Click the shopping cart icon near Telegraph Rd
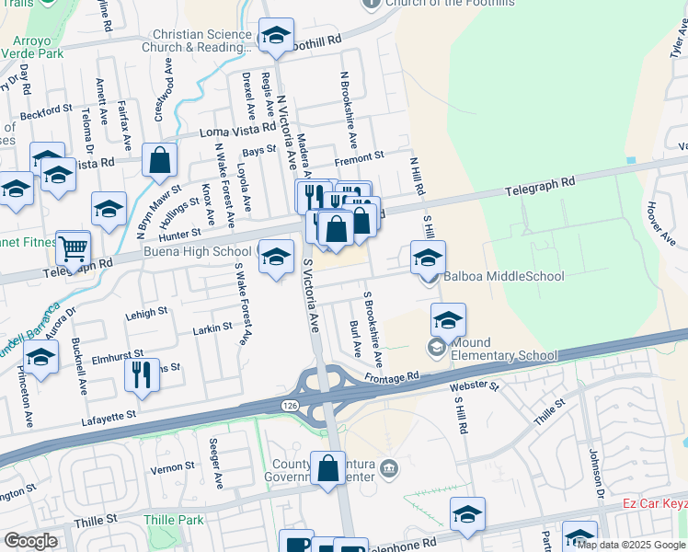[x=73, y=247]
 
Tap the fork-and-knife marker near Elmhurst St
[x=142, y=375]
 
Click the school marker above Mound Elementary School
[x=448, y=321]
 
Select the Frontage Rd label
[x=391, y=376]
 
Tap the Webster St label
[x=475, y=386]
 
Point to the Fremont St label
[x=359, y=159]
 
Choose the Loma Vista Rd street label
[x=238, y=132]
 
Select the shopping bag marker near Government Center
[x=327, y=468]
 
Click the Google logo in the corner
[x=30, y=541]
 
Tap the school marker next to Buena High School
[x=275, y=258]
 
